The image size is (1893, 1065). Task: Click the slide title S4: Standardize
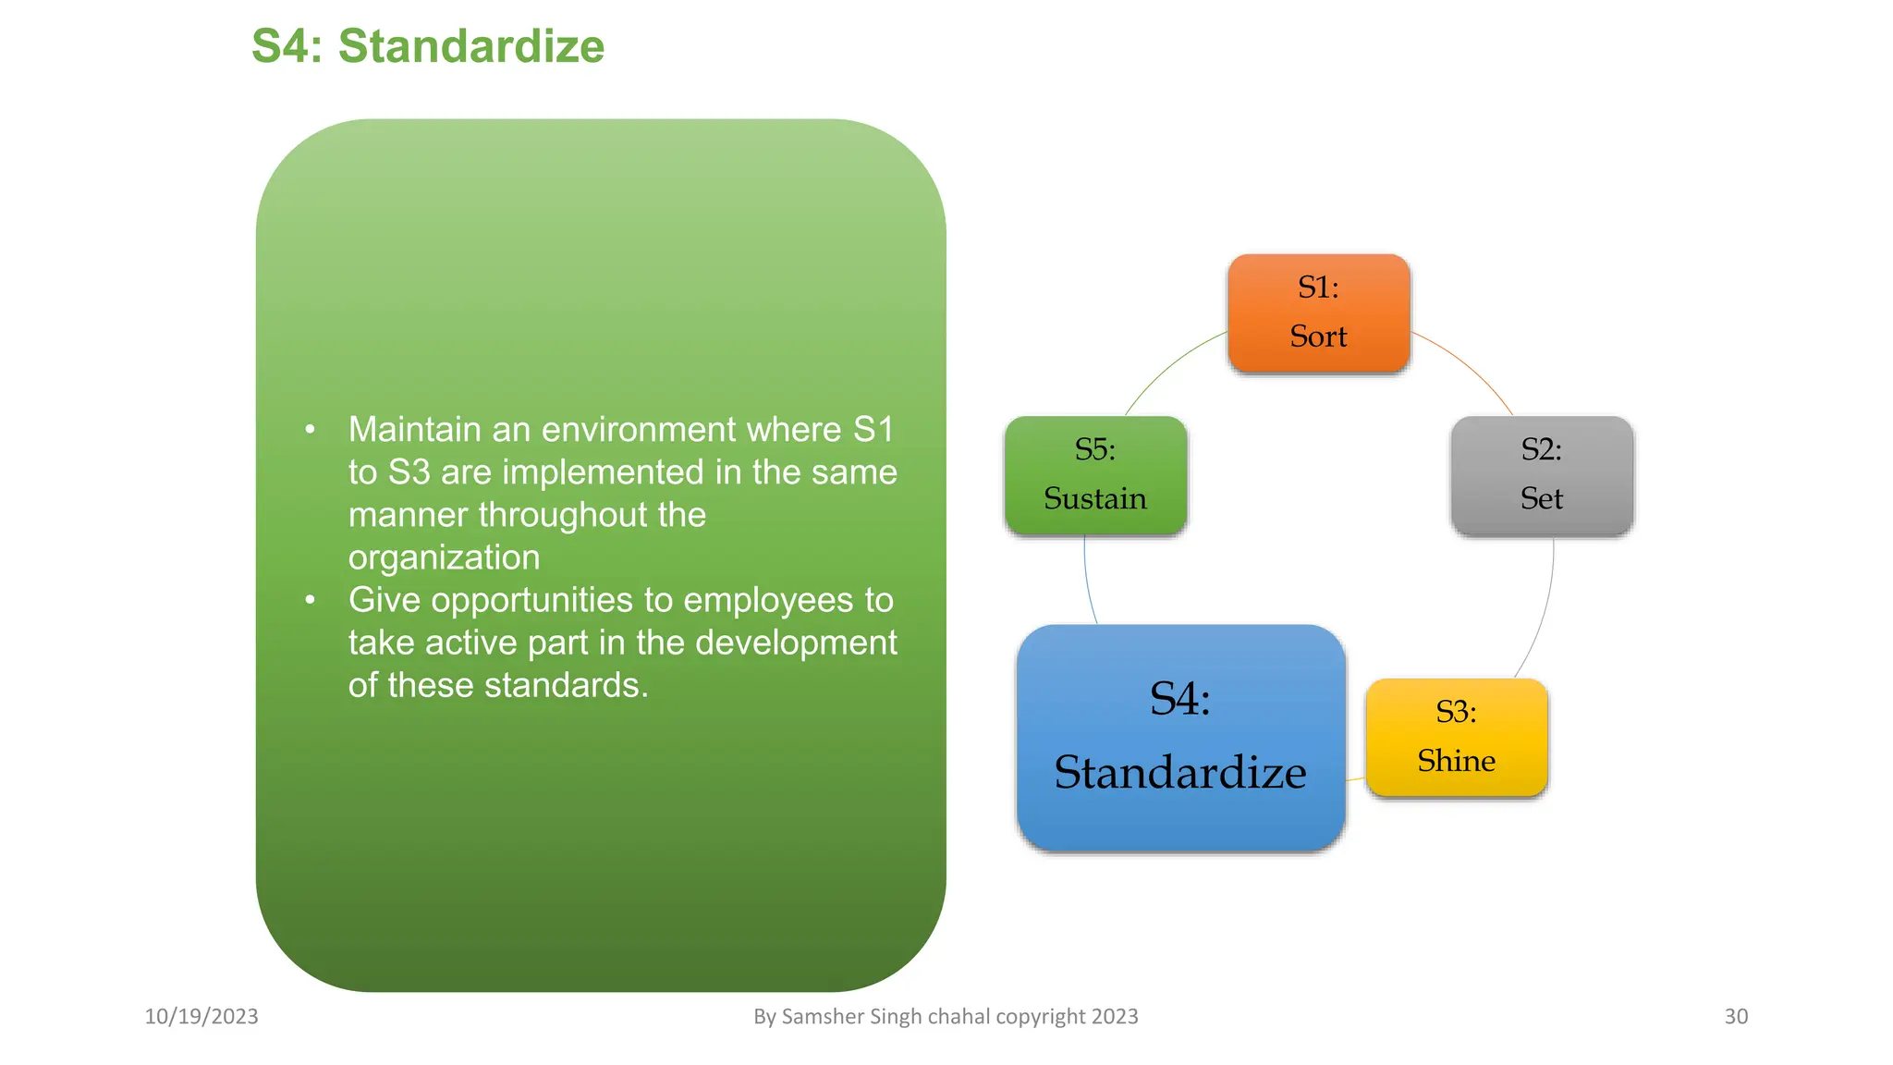pyautogui.click(x=427, y=46)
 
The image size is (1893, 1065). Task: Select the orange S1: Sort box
pyautogui.click(x=1318, y=312)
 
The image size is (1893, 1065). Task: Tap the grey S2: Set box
pyautogui.click(x=1541, y=474)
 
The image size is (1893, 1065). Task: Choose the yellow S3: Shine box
pyautogui.click(x=1456, y=737)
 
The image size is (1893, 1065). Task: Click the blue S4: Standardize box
pyautogui.click(x=1179, y=737)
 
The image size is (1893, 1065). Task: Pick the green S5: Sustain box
pyautogui.click(x=1095, y=474)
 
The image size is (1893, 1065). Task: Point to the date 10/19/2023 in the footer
pyautogui.click(x=202, y=1016)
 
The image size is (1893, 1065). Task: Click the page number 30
pyautogui.click(x=1735, y=1016)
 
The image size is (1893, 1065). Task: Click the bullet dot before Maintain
pyautogui.click(x=311, y=429)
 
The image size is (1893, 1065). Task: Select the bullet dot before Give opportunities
pyautogui.click(x=311, y=600)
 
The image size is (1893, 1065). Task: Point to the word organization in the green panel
pyautogui.click(x=444, y=557)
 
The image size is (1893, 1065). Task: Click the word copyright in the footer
pyautogui.click(x=1040, y=1016)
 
